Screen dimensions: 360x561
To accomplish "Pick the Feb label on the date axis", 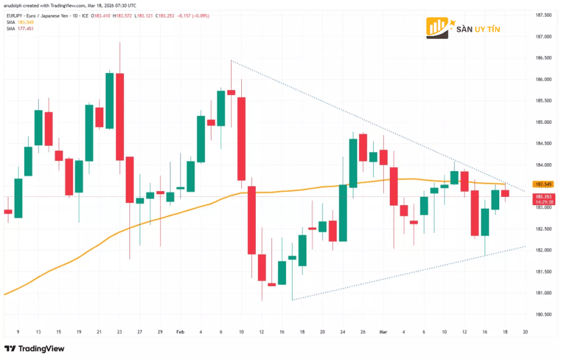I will pos(180,331).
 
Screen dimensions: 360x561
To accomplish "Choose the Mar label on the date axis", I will pos(383,331).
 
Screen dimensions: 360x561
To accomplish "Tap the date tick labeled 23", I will pos(119,331).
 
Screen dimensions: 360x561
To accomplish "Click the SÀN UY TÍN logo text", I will pos(478,29).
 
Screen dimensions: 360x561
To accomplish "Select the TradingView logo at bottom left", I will pos(34,348).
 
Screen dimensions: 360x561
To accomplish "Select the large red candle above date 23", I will pos(119,117).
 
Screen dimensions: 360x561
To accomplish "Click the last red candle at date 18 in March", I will pos(505,193).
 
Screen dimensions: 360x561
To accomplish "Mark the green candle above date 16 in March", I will pos(485,222).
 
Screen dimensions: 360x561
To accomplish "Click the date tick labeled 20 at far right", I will pos(525,331).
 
